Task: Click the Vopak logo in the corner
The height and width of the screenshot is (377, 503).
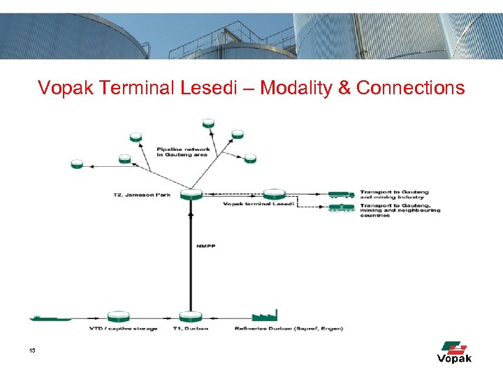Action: point(454,352)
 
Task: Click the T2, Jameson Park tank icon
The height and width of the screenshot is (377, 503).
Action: point(190,193)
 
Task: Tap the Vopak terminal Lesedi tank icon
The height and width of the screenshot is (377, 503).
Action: point(274,193)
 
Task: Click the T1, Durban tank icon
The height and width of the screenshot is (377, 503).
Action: point(190,316)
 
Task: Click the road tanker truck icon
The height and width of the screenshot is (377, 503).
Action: point(340,194)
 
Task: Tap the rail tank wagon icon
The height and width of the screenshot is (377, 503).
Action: point(340,207)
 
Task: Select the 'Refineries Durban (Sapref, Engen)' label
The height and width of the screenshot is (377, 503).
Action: point(289,328)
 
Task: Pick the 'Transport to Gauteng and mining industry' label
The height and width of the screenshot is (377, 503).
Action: point(394,195)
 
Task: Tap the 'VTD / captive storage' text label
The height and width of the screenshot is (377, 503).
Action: point(124,328)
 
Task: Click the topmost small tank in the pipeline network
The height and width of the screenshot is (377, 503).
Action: point(208,123)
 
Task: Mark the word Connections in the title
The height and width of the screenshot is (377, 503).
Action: point(410,88)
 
